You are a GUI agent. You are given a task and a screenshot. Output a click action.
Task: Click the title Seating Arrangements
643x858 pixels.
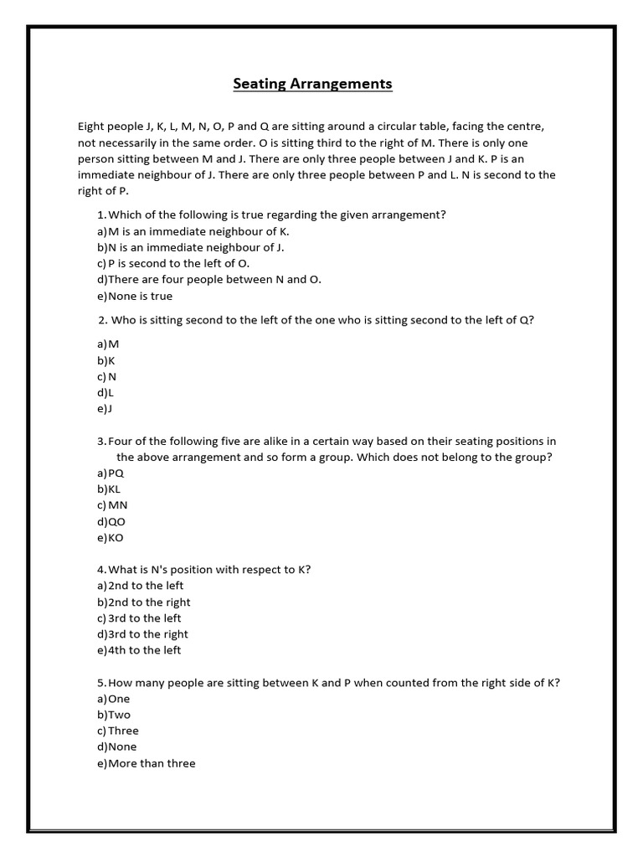pyautogui.click(x=311, y=84)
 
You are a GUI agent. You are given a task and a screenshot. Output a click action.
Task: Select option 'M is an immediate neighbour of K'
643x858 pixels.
pyautogui.click(x=193, y=231)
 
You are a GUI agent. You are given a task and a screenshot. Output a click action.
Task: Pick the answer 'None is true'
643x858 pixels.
pyautogui.click(x=135, y=296)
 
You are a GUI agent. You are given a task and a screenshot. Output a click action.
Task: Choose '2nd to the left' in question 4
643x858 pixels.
pyautogui.click(x=141, y=586)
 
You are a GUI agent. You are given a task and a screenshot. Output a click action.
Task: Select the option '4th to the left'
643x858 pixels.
pyautogui.click(x=140, y=650)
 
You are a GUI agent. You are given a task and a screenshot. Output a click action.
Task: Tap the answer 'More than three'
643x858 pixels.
pyautogui.click(x=147, y=763)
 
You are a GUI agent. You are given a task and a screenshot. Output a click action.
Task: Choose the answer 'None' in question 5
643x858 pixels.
pyautogui.click(x=117, y=747)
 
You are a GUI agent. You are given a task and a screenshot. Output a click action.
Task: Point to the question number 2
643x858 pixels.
pyautogui.click(x=102, y=320)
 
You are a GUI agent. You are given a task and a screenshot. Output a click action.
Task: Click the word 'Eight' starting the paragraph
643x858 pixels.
pyautogui.click(x=92, y=127)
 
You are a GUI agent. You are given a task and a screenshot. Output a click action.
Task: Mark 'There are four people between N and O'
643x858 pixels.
pyautogui.click(x=209, y=280)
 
